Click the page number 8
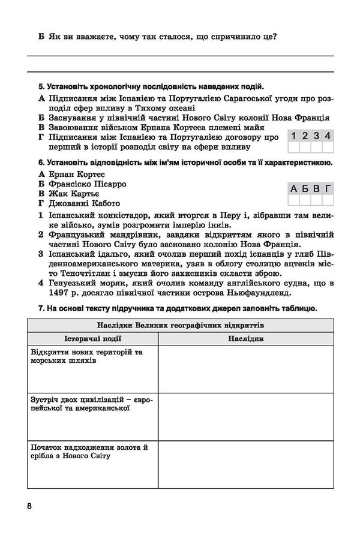point(29,505)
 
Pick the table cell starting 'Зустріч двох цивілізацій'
point(90,403)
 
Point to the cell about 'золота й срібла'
point(90,452)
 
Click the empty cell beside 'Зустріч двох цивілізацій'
point(246,417)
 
